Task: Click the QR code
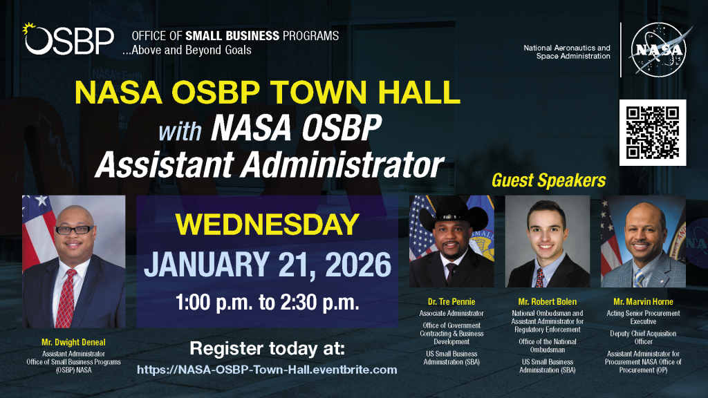652,133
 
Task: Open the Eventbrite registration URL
267,370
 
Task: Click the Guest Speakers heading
548,181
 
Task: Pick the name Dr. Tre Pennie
451,301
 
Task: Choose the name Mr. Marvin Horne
642,301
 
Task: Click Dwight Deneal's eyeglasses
74,229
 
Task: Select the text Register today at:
267,347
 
